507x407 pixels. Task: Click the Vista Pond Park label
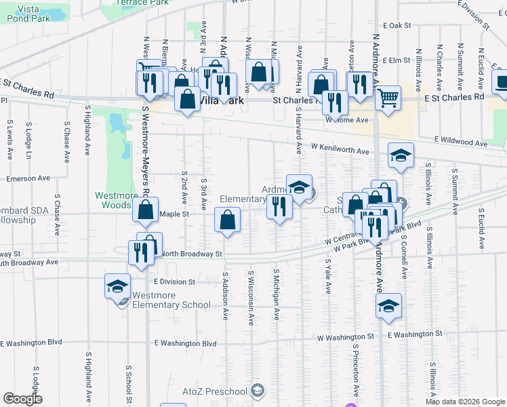[x=30, y=13]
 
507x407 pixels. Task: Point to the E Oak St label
[x=397, y=25]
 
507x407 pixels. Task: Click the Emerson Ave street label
[x=28, y=178]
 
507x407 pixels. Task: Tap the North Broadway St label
[x=192, y=254]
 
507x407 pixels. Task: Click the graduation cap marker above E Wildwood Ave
[x=401, y=155]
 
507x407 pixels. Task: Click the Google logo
[x=22, y=399]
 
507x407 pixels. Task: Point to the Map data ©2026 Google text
[x=465, y=402]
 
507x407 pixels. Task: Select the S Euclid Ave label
[x=480, y=225]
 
